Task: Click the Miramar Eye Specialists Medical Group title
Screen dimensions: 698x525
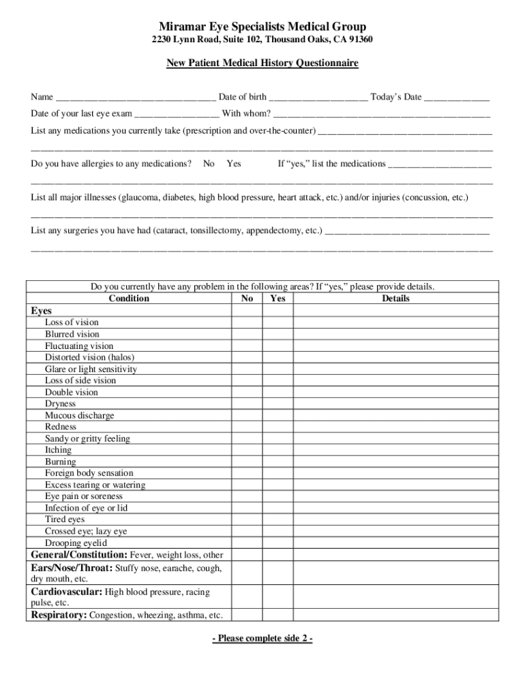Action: point(262,27)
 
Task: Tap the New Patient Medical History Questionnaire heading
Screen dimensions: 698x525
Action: point(262,63)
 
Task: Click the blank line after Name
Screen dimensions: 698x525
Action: point(136,97)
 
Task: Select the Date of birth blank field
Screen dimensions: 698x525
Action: point(318,97)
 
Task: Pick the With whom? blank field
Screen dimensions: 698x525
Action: point(382,113)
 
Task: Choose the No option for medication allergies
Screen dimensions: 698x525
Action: point(209,164)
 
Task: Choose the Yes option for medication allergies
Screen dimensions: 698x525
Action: point(233,164)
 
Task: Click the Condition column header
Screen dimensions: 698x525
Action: point(129,299)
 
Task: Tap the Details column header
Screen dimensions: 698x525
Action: point(395,299)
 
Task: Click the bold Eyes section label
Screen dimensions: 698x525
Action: point(41,311)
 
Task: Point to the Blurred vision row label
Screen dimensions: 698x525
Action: point(72,334)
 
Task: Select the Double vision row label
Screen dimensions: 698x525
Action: point(72,392)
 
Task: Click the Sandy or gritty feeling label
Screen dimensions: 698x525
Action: point(87,438)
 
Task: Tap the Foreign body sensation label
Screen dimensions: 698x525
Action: point(89,473)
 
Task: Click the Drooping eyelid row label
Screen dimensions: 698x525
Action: point(76,543)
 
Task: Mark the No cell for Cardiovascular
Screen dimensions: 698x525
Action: point(247,597)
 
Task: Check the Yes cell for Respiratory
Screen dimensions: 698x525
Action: point(277,615)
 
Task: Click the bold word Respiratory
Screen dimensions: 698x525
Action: point(59,615)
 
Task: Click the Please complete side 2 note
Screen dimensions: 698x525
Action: point(262,639)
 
